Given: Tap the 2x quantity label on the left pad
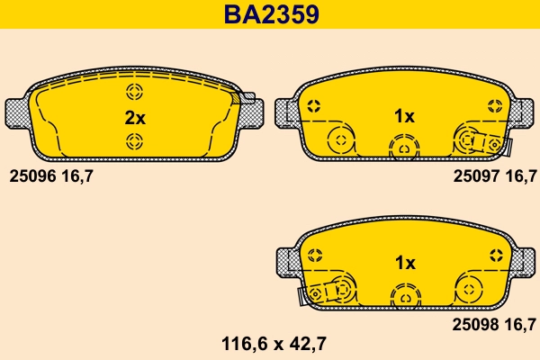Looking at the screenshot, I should click(x=134, y=117).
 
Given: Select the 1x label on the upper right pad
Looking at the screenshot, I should click(x=404, y=117).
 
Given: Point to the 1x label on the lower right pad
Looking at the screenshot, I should click(x=404, y=263).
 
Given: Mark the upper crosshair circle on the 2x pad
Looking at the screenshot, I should click(x=134, y=92).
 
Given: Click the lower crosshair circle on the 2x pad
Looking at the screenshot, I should click(x=134, y=139).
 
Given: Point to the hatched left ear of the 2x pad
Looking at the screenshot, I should click(x=17, y=113).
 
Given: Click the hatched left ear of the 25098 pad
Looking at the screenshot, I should click(x=285, y=260).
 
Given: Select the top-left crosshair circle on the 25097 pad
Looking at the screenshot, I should click(x=314, y=106).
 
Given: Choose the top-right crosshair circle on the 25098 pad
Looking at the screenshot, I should click(x=493, y=254).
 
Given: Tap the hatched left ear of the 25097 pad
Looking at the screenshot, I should click(x=284, y=112).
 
